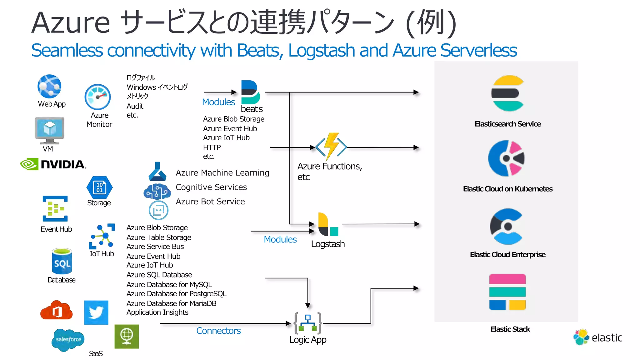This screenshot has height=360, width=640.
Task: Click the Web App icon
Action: (49, 86)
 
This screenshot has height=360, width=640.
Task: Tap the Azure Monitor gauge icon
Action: (98, 97)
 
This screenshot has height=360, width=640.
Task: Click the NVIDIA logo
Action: (53, 164)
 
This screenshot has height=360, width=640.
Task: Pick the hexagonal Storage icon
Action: (99, 187)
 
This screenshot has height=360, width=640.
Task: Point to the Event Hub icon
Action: (55, 208)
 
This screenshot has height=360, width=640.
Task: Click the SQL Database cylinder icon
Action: (62, 262)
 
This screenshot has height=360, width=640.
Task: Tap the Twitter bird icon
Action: (96, 312)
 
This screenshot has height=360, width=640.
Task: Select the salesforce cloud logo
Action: (68, 339)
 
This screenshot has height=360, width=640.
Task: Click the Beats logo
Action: (250, 92)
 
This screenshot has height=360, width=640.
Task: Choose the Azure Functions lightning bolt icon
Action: (331, 146)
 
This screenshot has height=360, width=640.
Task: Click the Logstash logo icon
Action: (327, 225)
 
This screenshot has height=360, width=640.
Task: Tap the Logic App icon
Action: (308, 323)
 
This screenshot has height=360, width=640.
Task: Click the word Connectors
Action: (218, 331)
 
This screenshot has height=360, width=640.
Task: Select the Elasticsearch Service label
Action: (507, 124)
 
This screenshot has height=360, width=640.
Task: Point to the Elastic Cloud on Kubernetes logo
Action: (506, 158)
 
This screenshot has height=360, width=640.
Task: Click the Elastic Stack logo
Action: (507, 292)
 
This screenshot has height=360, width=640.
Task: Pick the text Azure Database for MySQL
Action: (169, 284)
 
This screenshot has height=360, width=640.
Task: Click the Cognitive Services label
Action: (211, 187)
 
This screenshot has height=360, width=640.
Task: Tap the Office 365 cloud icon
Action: (56, 311)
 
